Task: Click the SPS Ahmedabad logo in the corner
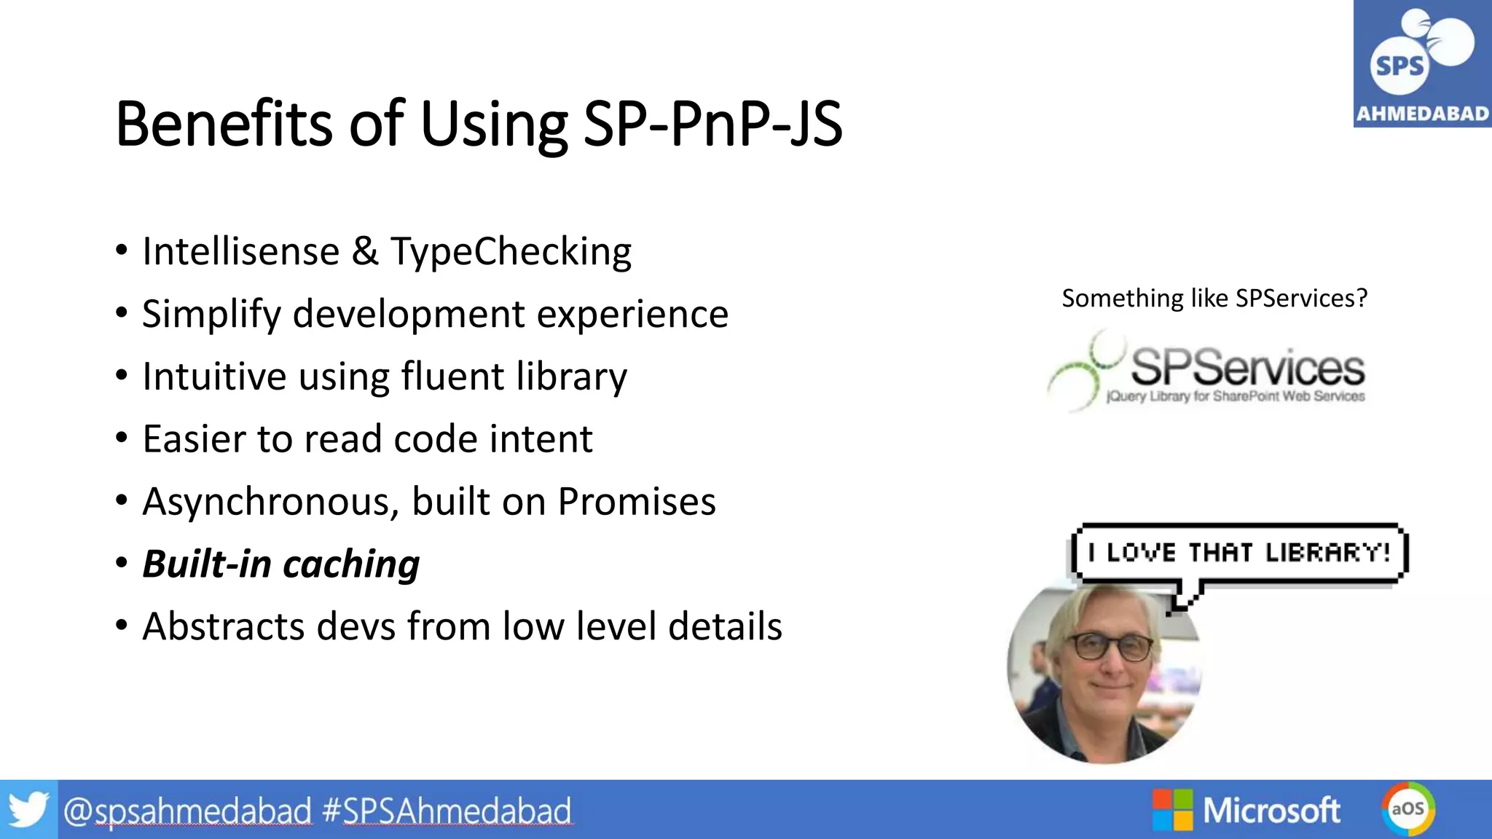[1421, 64]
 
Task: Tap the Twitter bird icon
[28, 810]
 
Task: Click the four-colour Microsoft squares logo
[1171, 810]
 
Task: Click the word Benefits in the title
[223, 124]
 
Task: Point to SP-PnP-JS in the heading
[712, 124]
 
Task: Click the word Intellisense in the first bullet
[241, 252]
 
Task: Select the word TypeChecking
[511, 252]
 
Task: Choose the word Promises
[637, 502]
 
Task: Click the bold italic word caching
[351, 564]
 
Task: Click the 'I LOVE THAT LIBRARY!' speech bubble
[1239, 553]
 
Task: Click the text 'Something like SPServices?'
[1214, 299]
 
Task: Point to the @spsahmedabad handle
[187, 811]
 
